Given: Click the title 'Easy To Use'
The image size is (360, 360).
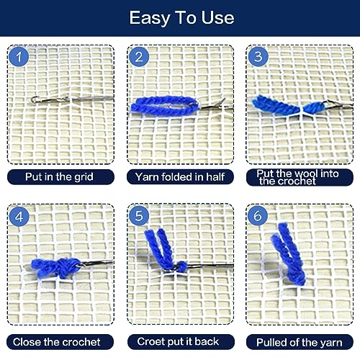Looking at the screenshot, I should (x=181, y=17).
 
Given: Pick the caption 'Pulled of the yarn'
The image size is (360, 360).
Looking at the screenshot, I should (x=299, y=341).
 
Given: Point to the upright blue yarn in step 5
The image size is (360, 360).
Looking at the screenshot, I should (x=160, y=248).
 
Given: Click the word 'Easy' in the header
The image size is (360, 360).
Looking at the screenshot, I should (x=150, y=17).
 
